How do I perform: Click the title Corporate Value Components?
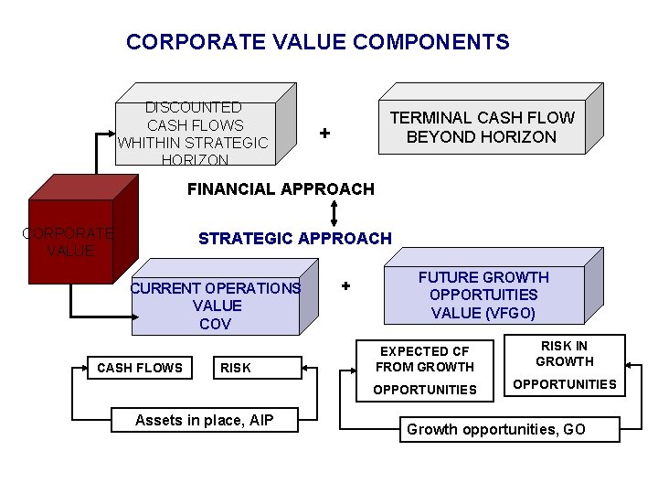pyautogui.click(x=317, y=42)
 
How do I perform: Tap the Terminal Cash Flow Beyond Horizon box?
pyautogui.click(x=482, y=127)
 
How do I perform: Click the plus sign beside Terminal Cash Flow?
pyautogui.click(x=324, y=134)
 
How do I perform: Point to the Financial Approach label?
pyautogui.click(x=280, y=189)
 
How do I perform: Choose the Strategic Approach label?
pyautogui.click(x=294, y=239)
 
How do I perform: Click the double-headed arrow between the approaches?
pyautogui.click(x=335, y=213)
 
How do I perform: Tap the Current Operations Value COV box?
pyautogui.click(x=216, y=306)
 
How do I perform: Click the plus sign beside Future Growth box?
pyautogui.click(x=345, y=285)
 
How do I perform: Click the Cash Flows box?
pyautogui.click(x=140, y=368)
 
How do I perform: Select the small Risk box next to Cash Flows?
pyautogui.click(x=235, y=368)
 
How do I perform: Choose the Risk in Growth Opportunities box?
pyautogui.click(x=564, y=365)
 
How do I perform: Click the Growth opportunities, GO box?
pyautogui.click(x=508, y=428)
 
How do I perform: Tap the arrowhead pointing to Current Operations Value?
pyautogui.click(x=127, y=317)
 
